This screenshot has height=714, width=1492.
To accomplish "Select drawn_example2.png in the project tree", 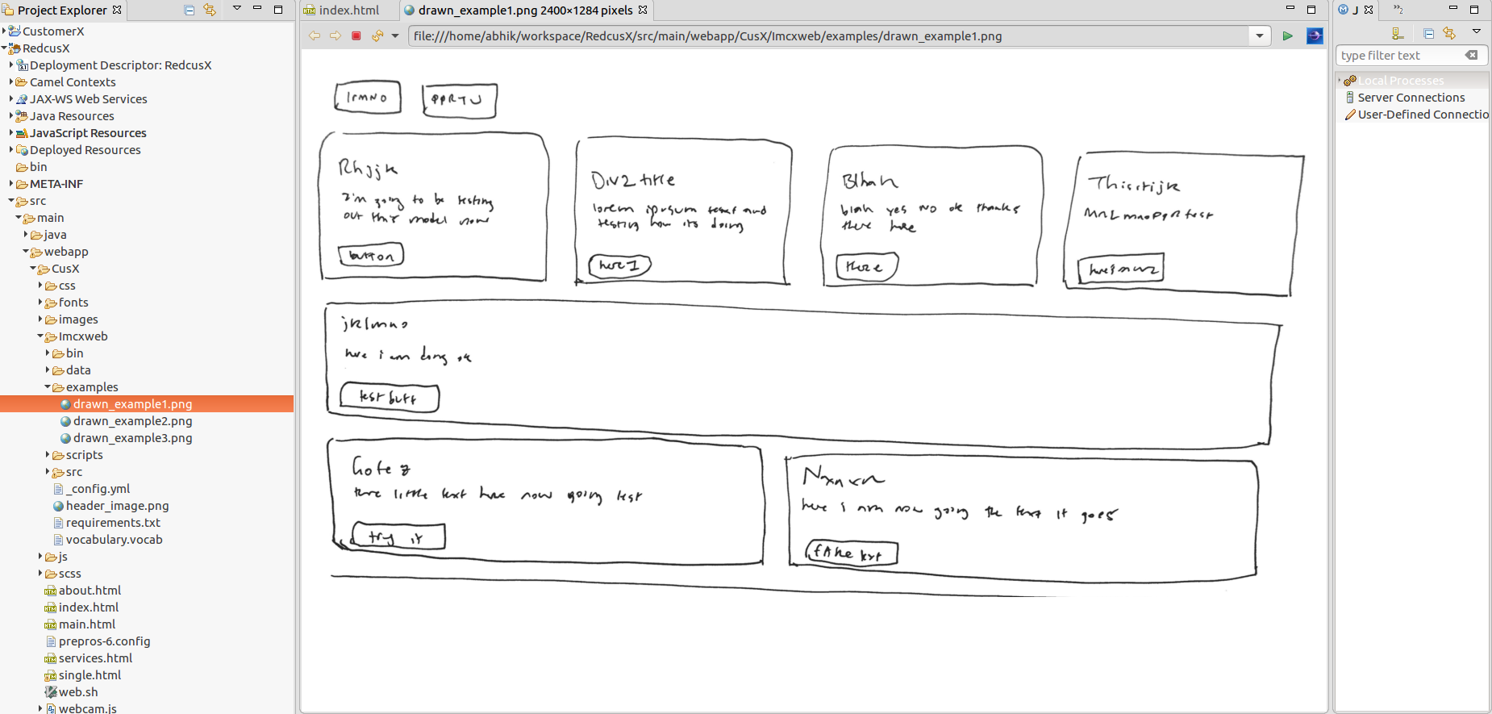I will click(132, 421).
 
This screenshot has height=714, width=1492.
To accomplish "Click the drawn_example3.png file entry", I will click(132, 438).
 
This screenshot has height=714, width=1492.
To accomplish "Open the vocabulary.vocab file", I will click(114, 540).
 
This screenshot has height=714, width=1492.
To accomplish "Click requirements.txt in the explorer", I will click(113, 523).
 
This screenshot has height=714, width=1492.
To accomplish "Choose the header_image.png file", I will click(117, 506).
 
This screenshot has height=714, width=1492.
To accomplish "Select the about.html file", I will click(90, 591).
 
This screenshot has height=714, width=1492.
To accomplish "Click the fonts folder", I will click(73, 303).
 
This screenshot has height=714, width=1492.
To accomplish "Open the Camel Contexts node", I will click(73, 82).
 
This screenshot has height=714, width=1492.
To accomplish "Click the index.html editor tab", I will click(348, 10).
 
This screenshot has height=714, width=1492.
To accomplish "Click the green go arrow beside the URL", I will click(1287, 36).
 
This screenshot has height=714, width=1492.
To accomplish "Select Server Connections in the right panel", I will click(1411, 98).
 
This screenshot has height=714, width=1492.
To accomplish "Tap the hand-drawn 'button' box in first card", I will click(371, 256).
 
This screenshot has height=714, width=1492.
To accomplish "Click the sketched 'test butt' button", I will click(389, 398).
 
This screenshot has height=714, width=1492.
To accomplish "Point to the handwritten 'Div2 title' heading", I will click(633, 179).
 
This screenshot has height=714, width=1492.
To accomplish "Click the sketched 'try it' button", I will click(398, 537).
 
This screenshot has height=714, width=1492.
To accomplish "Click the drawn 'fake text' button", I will click(851, 553).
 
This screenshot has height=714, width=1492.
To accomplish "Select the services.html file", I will click(95, 658).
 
